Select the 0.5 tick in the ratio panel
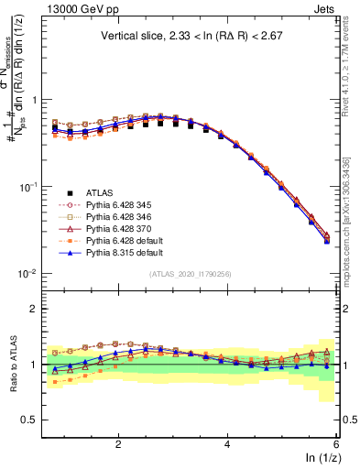coord(29,420)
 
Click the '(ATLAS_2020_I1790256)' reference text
coord(189,274)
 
